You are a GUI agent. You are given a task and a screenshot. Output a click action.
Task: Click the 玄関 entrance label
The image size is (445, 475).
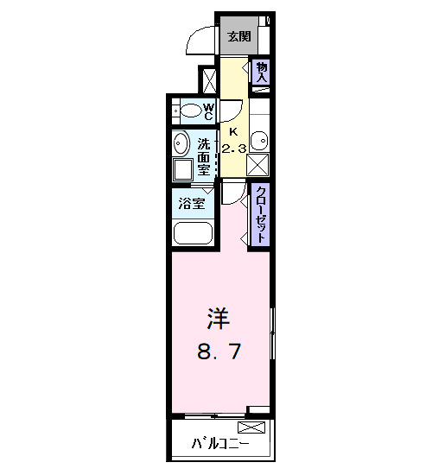tap(239, 36)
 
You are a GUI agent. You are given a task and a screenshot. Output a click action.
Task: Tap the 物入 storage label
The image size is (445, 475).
tap(262, 72)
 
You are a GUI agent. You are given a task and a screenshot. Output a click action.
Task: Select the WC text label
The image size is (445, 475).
tap(208, 111)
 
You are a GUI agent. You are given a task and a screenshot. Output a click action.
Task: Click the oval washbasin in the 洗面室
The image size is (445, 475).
tap(182, 143)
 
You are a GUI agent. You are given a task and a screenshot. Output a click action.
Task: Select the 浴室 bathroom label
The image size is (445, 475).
tap(192, 205)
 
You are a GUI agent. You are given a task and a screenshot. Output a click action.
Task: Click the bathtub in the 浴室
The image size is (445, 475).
tap(193, 234)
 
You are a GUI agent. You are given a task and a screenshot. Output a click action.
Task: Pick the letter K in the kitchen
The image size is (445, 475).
tap(232, 131)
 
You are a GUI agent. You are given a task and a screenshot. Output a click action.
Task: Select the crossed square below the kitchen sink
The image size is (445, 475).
tap(260, 163)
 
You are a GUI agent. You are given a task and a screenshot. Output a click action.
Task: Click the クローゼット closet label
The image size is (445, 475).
tap(260, 212)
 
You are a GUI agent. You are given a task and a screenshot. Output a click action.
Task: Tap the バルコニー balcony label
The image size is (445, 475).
tap(220, 445)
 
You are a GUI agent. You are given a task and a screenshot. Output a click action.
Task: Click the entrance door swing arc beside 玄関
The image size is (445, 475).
tap(200, 40)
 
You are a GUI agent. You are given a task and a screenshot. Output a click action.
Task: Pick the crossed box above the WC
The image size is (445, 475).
tap(208, 79)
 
